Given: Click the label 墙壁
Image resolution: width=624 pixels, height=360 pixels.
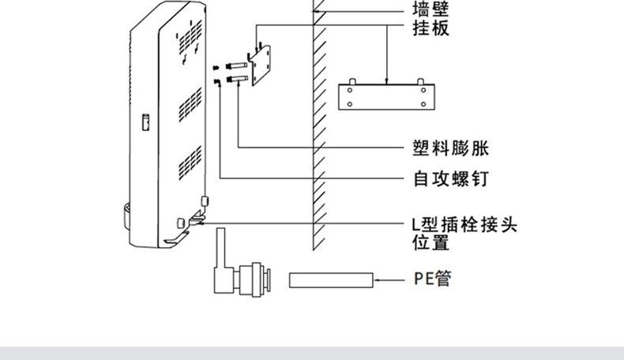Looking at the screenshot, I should pyautogui.click(x=430, y=9).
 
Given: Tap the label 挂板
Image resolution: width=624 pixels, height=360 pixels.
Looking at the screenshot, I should pyautogui.click(x=430, y=30).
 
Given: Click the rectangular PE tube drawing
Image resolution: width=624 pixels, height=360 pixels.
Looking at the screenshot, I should pyautogui.click(x=330, y=279).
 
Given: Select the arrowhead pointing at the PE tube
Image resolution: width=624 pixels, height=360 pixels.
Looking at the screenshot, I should pyautogui.click(x=378, y=279).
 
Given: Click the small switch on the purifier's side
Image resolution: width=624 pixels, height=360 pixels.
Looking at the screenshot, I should pyautogui.click(x=145, y=123).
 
